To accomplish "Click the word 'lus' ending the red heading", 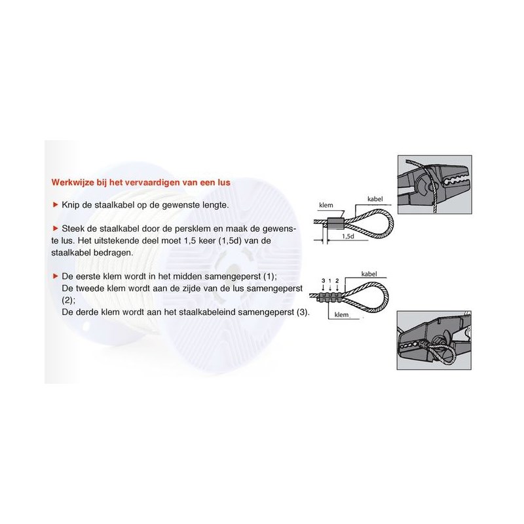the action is [x=224, y=183].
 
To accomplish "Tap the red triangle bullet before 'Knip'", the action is [x=56, y=204].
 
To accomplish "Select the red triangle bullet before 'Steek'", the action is [x=56, y=228].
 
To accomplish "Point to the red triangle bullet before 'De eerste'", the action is [x=56, y=276].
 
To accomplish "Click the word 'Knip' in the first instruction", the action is [x=71, y=205].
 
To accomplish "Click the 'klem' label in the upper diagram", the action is [x=326, y=205].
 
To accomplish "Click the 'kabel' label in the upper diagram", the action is [x=375, y=199].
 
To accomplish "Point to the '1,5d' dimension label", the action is [x=348, y=236].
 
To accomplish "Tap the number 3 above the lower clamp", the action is [x=324, y=281].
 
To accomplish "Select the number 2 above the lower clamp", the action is [x=337, y=281].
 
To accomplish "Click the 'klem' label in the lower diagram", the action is [x=341, y=315].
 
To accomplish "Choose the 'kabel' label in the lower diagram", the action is [x=369, y=274].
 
